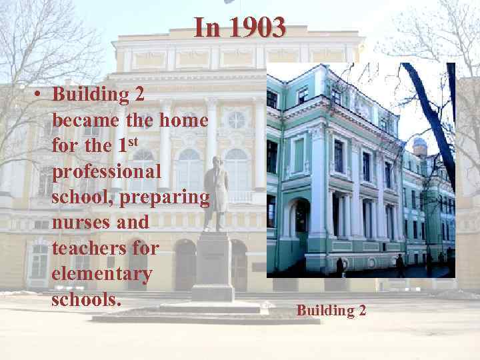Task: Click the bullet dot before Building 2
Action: pos(40,95)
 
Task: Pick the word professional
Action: pos(107,171)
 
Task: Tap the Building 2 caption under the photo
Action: pos(331,310)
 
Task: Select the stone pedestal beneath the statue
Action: pos(213,267)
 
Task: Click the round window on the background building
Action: pos(236,120)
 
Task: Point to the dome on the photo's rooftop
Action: pos(419,145)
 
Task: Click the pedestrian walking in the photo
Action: pos(400,265)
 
